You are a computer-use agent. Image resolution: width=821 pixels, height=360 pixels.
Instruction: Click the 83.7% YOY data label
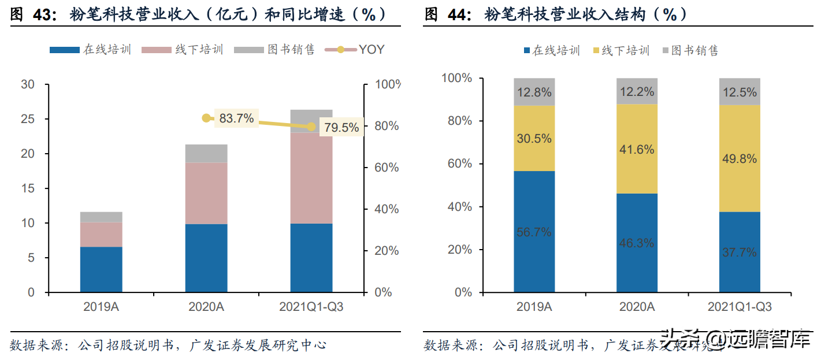pos(236,118)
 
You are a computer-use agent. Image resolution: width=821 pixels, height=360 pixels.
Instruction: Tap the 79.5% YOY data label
pos(341,128)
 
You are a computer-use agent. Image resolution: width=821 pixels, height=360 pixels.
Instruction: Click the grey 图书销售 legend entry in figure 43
pos(274,50)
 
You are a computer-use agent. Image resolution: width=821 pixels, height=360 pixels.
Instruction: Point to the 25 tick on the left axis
pos(28,120)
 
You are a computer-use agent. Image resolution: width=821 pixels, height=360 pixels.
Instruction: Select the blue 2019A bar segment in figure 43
pos(101,269)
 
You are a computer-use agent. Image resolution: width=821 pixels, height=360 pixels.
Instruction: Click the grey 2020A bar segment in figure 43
pos(206,154)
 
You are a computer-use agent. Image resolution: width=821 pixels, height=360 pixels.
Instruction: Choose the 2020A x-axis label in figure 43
pos(206,307)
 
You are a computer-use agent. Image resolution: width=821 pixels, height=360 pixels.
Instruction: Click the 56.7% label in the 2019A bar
pos(534,232)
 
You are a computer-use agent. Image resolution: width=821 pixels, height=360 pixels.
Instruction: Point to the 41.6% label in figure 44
pos(637,150)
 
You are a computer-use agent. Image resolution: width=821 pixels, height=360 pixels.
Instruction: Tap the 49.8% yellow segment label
pos(740,159)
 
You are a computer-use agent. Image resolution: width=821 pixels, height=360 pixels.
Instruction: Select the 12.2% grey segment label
pos(637,91)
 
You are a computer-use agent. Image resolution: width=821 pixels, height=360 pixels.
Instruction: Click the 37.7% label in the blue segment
pos(740,252)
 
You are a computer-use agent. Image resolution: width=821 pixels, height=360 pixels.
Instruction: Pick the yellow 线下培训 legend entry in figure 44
pos(621,51)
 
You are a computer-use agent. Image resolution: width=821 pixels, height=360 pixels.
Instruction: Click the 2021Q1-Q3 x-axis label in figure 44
pos(740,307)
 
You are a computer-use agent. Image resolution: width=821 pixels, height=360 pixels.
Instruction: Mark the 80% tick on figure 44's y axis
pos(458,121)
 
